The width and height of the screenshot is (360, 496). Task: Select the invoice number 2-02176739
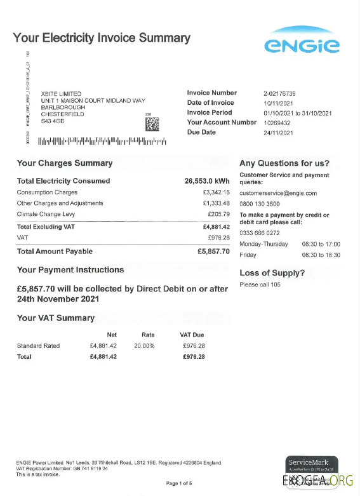(279, 93)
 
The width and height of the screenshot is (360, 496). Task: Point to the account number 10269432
(277, 123)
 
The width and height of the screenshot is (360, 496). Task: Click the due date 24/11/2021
(277, 133)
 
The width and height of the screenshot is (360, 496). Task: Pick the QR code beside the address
(152, 124)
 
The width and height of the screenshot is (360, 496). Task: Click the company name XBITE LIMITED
(61, 94)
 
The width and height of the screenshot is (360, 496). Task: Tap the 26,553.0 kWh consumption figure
(207, 181)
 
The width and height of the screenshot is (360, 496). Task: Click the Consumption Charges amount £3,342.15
(216, 192)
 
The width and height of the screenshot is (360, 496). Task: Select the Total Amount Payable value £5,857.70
(213, 251)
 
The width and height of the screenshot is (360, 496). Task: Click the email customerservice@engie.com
(277, 193)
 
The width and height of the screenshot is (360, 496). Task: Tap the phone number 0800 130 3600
(260, 204)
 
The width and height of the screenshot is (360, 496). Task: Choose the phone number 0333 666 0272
(260, 233)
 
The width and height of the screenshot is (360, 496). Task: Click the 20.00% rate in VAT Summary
(143, 346)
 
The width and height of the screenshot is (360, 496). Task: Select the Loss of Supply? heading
(272, 273)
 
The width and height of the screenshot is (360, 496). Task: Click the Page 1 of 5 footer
(179, 484)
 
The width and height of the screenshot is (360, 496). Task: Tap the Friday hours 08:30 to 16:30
(321, 255)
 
